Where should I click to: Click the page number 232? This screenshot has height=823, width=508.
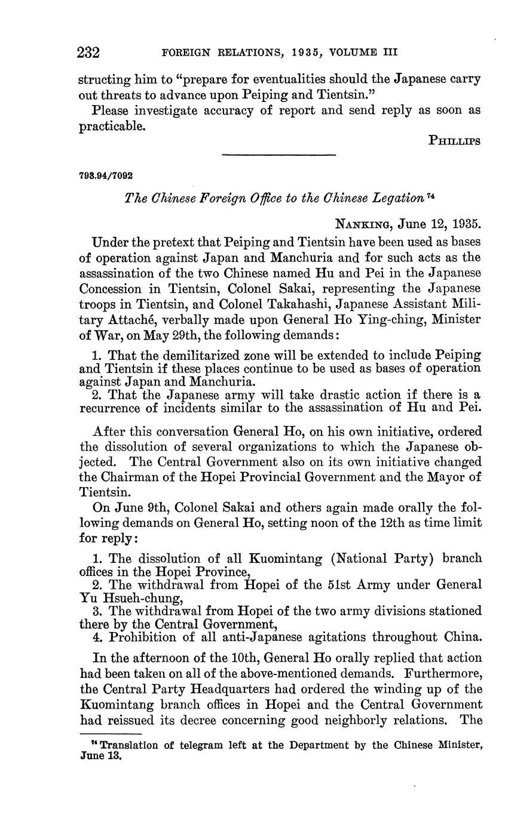coord(88,53)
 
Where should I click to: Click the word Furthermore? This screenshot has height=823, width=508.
coord(434,673)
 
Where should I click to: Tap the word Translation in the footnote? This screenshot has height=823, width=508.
coord(126,745)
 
